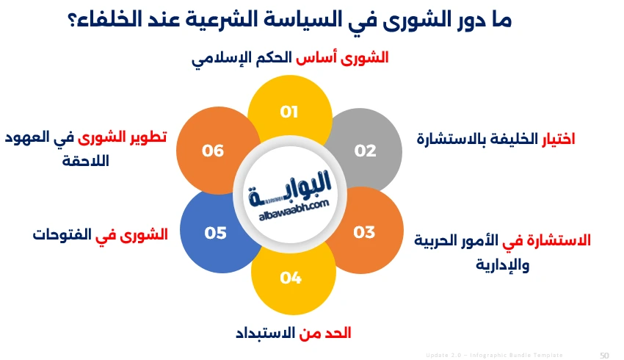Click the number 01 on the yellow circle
pyautogui.click(x=289, y=112)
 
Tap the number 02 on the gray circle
pyautogui.click(x=365, y=151)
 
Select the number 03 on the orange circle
pyautogui.click(x=364, y=232)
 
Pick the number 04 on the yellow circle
pyautogui.click(x=291, y=278)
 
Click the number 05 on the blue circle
pyautogui.click(x=215, y=233)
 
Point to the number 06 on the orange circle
pyautogui.click(x=213, y=151)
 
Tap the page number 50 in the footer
pyautogui.click(x=604, y=355)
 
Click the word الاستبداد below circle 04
pyautogui.click(x=265, y=333)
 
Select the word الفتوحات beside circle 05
pyautogui.click(x=62, y=235)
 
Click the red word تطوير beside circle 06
pyautogui.click(x=149, y=137)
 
